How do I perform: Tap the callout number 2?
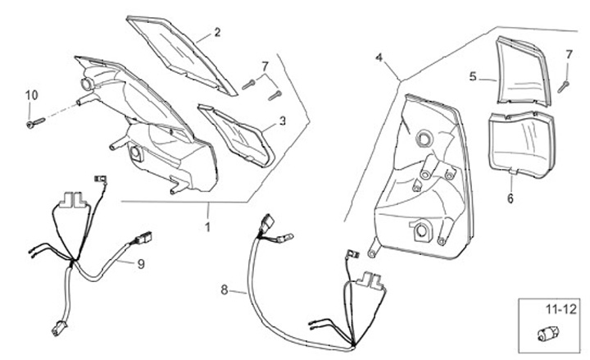[x=217, y=33]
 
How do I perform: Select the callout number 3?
[x=283, y=121]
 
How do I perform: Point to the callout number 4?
[x=379, y=58]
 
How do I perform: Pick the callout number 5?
[x=473, y=77]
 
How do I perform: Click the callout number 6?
[x=510, y=198]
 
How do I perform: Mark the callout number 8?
[x=225, y=289]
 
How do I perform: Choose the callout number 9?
[x=140, y=264]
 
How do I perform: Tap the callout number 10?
[x=30, y=95]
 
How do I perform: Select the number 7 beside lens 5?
[x=569, y=55]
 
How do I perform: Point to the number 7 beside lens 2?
[x=265, y=66]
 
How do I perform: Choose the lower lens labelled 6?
[x=520, y=141]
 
